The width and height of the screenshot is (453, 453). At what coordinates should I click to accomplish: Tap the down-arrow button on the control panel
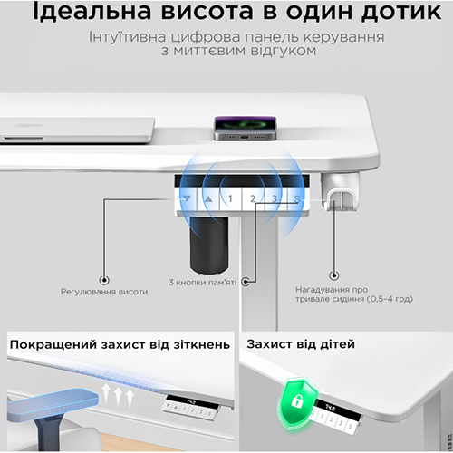tap(187, 198)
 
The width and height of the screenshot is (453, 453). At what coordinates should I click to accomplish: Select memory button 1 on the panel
tap(230, 198)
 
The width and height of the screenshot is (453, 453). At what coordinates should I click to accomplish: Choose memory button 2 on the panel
tap(253, 198)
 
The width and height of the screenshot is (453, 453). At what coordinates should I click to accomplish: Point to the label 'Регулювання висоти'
tap(103, 292)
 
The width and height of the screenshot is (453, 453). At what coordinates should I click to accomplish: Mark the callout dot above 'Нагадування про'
tap(333, 274)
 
